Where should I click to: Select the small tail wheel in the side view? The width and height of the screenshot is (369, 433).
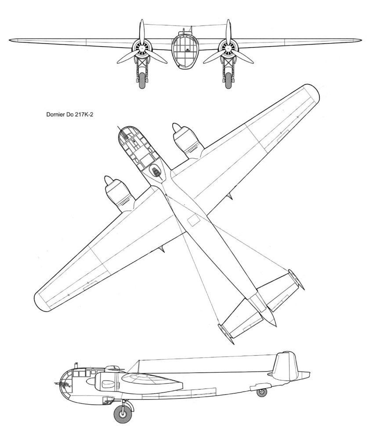[262, 391]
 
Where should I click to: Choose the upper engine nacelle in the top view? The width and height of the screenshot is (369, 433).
[186, 140]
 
